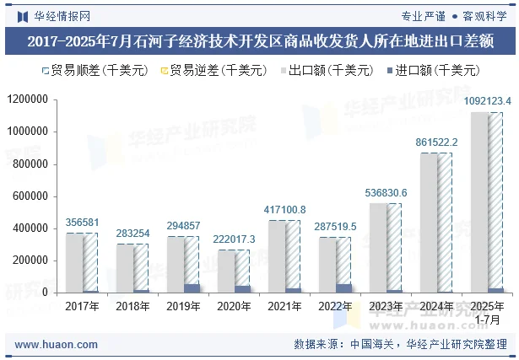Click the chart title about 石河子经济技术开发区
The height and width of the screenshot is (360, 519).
click(x=259, y=40)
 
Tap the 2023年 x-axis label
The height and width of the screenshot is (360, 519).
click(x=386, y=306)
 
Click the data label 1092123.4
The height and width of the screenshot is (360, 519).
click(x=487, y=102)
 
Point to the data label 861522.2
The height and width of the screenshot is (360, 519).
click(x=436, y=142)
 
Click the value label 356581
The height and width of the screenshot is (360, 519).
click(x=82, y=223)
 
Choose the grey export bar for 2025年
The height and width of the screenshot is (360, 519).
click(x=479, y=202)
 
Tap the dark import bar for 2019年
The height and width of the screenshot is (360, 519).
click(x=192, y=288)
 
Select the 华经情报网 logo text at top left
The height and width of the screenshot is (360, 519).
click(x=62, y=15)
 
